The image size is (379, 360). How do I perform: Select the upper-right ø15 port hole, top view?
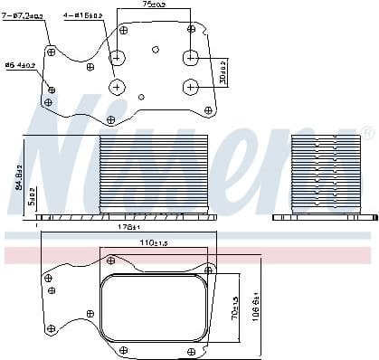[190, 58]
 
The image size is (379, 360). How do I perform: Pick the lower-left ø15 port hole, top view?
[118, 87]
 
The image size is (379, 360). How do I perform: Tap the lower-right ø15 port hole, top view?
[190, 87]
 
